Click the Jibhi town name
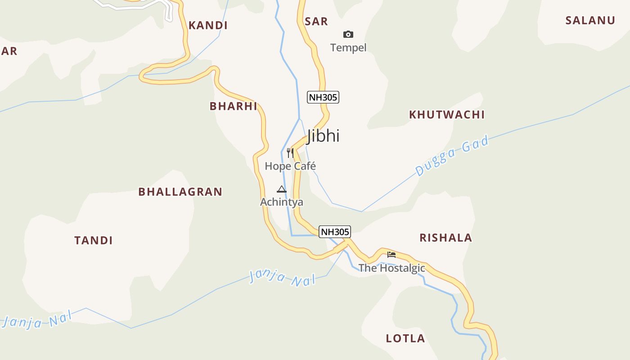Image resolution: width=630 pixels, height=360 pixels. pyautogui.click(x=323, y=136)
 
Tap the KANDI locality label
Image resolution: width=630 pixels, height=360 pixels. pyautogui.click(x=208, y=25)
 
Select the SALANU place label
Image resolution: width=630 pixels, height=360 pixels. pyautogui.click(x=590, y=20)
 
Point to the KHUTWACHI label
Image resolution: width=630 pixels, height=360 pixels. pyautogui.click(x=446, y=115)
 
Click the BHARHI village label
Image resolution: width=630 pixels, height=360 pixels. pyautogui.click(x=233, y=106)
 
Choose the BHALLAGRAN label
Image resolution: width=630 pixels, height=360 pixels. pyautogui.click(x=180, y=192)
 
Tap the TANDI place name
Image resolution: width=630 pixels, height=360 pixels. pyautogui.click(x=94, y=240)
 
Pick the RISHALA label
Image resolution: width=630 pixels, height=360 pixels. pyautogui.click(x=445, y=238)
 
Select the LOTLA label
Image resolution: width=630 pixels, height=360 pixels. pyautogui.click(x=405, y=338)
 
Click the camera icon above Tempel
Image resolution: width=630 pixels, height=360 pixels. pyautogui.click(x=348, y=34)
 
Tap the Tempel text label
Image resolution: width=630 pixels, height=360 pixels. pyautogui.click(x=348, y=48)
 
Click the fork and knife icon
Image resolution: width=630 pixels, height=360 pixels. pyautogui.click(x=290, y=153)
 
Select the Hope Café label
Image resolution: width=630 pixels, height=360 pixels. pyautogui.click(x=290, y=166)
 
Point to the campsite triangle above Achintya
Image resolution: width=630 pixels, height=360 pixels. pyautogui.click(x=282, y=189)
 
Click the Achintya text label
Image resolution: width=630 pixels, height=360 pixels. pyautogui.click(x=282, y=202)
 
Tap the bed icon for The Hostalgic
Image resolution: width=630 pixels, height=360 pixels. pyautogui.click(x=391, y=255)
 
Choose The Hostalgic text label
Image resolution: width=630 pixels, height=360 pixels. pyautogui.click(x=391, y=268)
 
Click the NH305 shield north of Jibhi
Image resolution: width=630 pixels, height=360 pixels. pyautogui.click(x=323, y=97)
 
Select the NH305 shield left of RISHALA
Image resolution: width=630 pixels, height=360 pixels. pyautogui.click(x=334, y=232)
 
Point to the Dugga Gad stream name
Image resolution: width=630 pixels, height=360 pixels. pyautogui.click(x=451, y=156)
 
